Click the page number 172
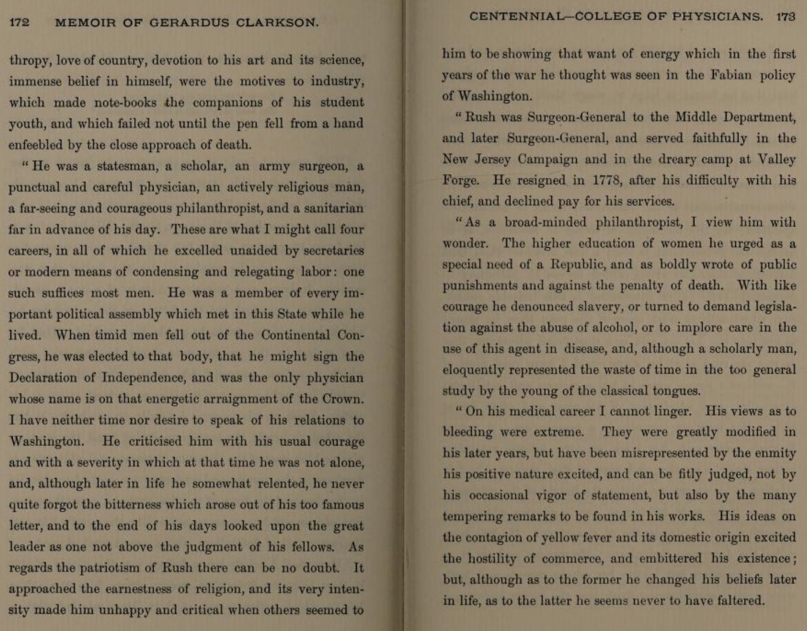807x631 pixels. coord(19,23)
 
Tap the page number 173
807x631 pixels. coord(785,17)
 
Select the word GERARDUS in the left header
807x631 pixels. coord(189,23)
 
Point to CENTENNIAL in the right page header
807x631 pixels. coord(514,17)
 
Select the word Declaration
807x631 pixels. coord(43,378)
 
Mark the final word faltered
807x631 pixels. coord(737,601)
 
